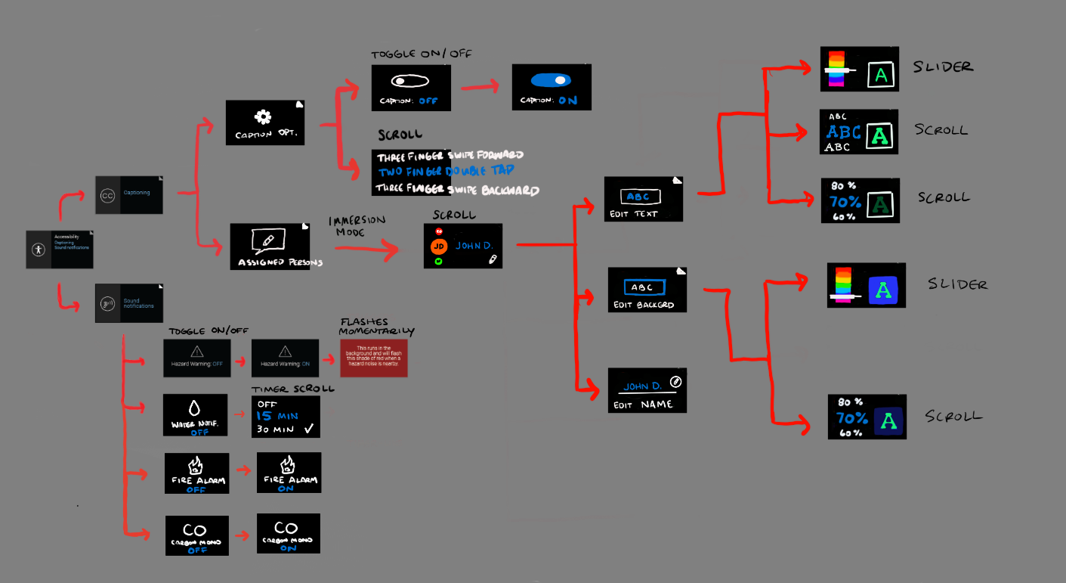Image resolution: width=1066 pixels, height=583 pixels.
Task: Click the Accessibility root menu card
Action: pos(60,249)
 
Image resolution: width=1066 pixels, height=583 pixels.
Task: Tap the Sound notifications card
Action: pos(129,303)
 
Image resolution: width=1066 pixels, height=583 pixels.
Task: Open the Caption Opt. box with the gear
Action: pos(264,122)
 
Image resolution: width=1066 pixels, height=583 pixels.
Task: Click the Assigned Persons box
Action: pos(270,247)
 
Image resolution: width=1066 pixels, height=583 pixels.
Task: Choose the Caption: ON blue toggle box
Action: pos(552,87)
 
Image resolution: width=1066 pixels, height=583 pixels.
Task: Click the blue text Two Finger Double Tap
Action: pos(450,172)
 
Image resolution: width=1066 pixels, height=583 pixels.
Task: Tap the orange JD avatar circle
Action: pos(439,246)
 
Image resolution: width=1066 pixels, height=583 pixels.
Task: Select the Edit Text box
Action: pos(644,199)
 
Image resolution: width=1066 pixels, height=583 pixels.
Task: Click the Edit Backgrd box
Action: pos(648,290)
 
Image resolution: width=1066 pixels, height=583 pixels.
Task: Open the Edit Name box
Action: pos(648,390)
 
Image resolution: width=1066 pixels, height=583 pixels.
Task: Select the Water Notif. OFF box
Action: pos(195,414)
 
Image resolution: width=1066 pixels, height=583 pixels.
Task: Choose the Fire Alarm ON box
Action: pos(289,472)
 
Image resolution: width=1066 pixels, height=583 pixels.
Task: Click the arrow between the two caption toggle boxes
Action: pos(481,88)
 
